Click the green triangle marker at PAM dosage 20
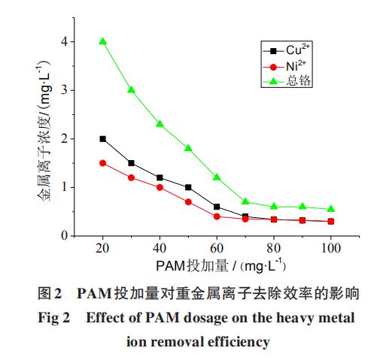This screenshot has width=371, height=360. tap(102, 41)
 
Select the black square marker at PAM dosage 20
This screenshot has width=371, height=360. tap(102, 139)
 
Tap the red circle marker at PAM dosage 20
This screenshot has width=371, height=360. tap(102, 163)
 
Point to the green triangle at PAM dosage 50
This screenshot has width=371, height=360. tap(188, 148)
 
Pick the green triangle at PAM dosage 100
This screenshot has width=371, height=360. tap(331, 209)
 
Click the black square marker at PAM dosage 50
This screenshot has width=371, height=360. tap(188, 187)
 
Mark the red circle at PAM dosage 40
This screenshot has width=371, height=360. tap(160, 187)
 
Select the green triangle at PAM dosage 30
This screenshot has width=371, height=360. tap(131, 90)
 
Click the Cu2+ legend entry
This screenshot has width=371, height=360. tap(288, 50)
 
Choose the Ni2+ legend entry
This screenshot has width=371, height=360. tap(288, 65)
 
